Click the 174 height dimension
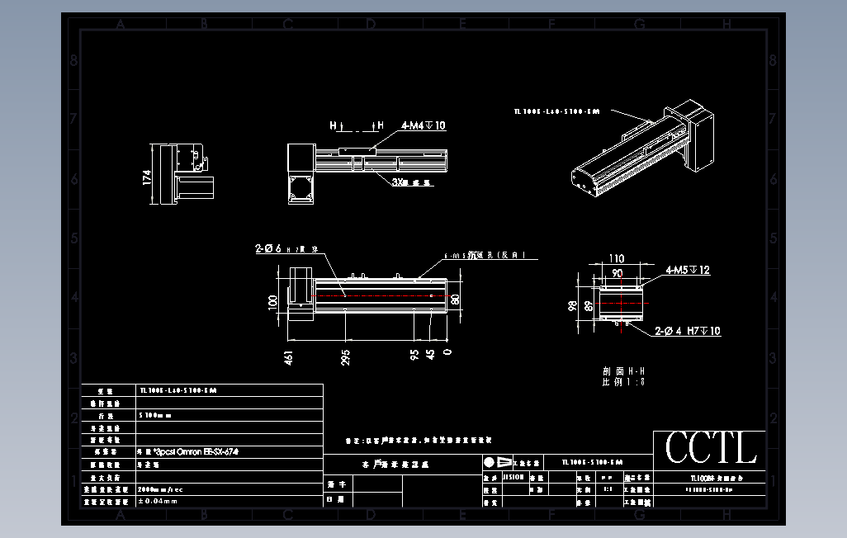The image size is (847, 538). tap(148, 177)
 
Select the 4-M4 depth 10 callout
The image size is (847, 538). tap(423, 125)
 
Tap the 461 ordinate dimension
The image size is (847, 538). tap(289, 356)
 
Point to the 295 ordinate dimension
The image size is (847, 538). tap(346, 356)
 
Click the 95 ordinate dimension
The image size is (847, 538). tap(414, 354)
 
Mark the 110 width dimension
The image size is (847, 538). tap(616, 258)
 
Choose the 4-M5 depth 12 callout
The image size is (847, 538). tap(687, 270)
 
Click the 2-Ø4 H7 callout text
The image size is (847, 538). tap(688, 331)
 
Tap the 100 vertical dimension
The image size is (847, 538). tap(273, 301)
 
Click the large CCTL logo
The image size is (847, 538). tap(710, 449)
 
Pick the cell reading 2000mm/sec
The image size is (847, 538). tap(161, 488)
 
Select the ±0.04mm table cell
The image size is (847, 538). tap(158, 501)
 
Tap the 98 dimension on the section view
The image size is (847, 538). tap(571, 306)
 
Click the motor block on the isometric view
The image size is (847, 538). tap(698, 137)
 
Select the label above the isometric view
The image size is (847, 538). tap(556, 110)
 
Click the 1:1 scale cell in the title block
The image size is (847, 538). tap(608, 488)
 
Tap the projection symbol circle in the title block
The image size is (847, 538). tap(490, 462)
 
